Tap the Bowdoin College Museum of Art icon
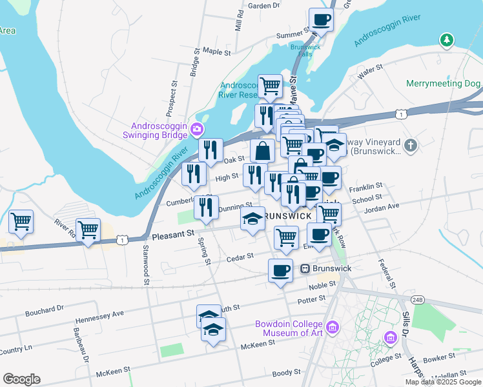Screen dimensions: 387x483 [333, 328]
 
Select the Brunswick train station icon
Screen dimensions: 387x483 [306, 268]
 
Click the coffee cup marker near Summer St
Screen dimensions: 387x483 [321, 19]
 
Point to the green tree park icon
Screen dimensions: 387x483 [446, 41]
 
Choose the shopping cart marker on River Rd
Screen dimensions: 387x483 [88, 230]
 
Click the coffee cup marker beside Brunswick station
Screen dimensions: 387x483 [280, 270]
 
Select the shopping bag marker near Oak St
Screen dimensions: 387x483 [263, 152]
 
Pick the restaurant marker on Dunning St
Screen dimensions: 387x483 [206, 208]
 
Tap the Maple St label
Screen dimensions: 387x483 [216, 51]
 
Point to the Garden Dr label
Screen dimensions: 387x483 [263, 5]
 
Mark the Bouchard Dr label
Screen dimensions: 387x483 [45, 311]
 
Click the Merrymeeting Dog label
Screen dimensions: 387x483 [444, 84]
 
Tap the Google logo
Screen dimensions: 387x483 [21, 379]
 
